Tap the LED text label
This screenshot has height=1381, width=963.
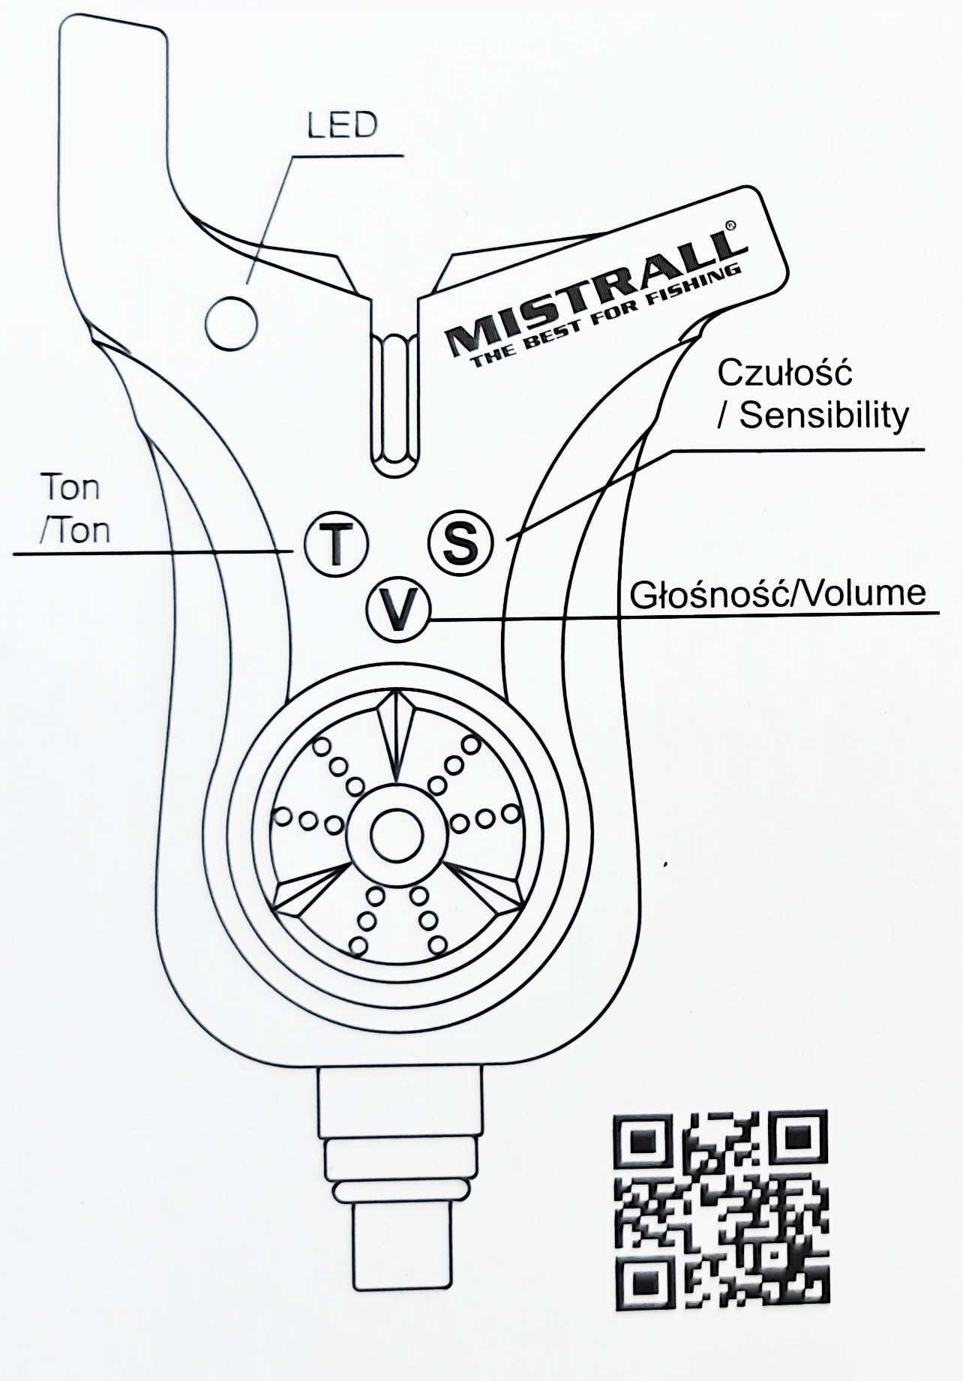point(341,126)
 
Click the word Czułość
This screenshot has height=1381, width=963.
point(785,373)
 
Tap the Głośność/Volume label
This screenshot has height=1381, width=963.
point(778,593)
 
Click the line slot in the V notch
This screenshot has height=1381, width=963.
point(395,404)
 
